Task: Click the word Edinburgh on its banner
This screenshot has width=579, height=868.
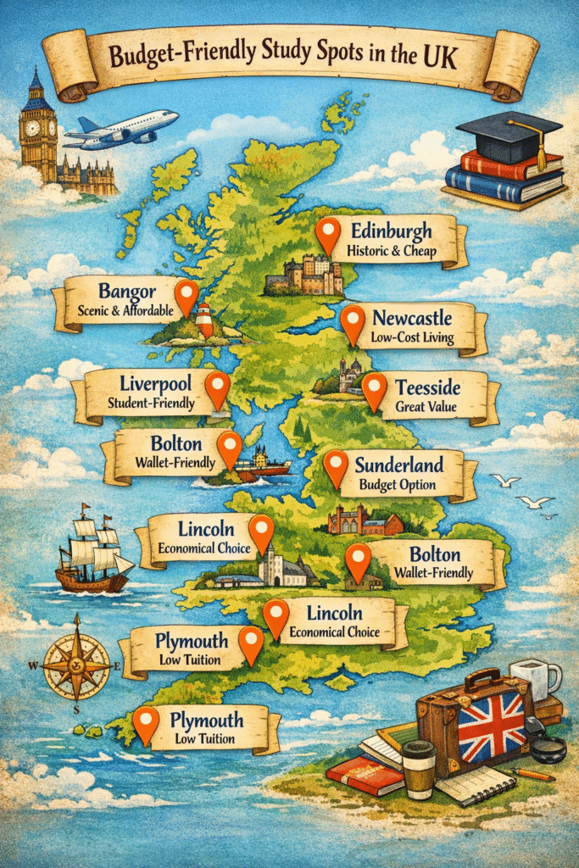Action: [x=391, y=231]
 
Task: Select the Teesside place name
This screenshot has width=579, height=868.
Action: [x=431, y=389]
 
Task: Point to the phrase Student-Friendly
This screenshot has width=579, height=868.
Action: [x=152, y=403]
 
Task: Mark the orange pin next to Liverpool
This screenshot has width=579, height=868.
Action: [x=218, y=387]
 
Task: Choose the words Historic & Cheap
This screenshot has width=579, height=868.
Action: [x=391, y=251]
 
